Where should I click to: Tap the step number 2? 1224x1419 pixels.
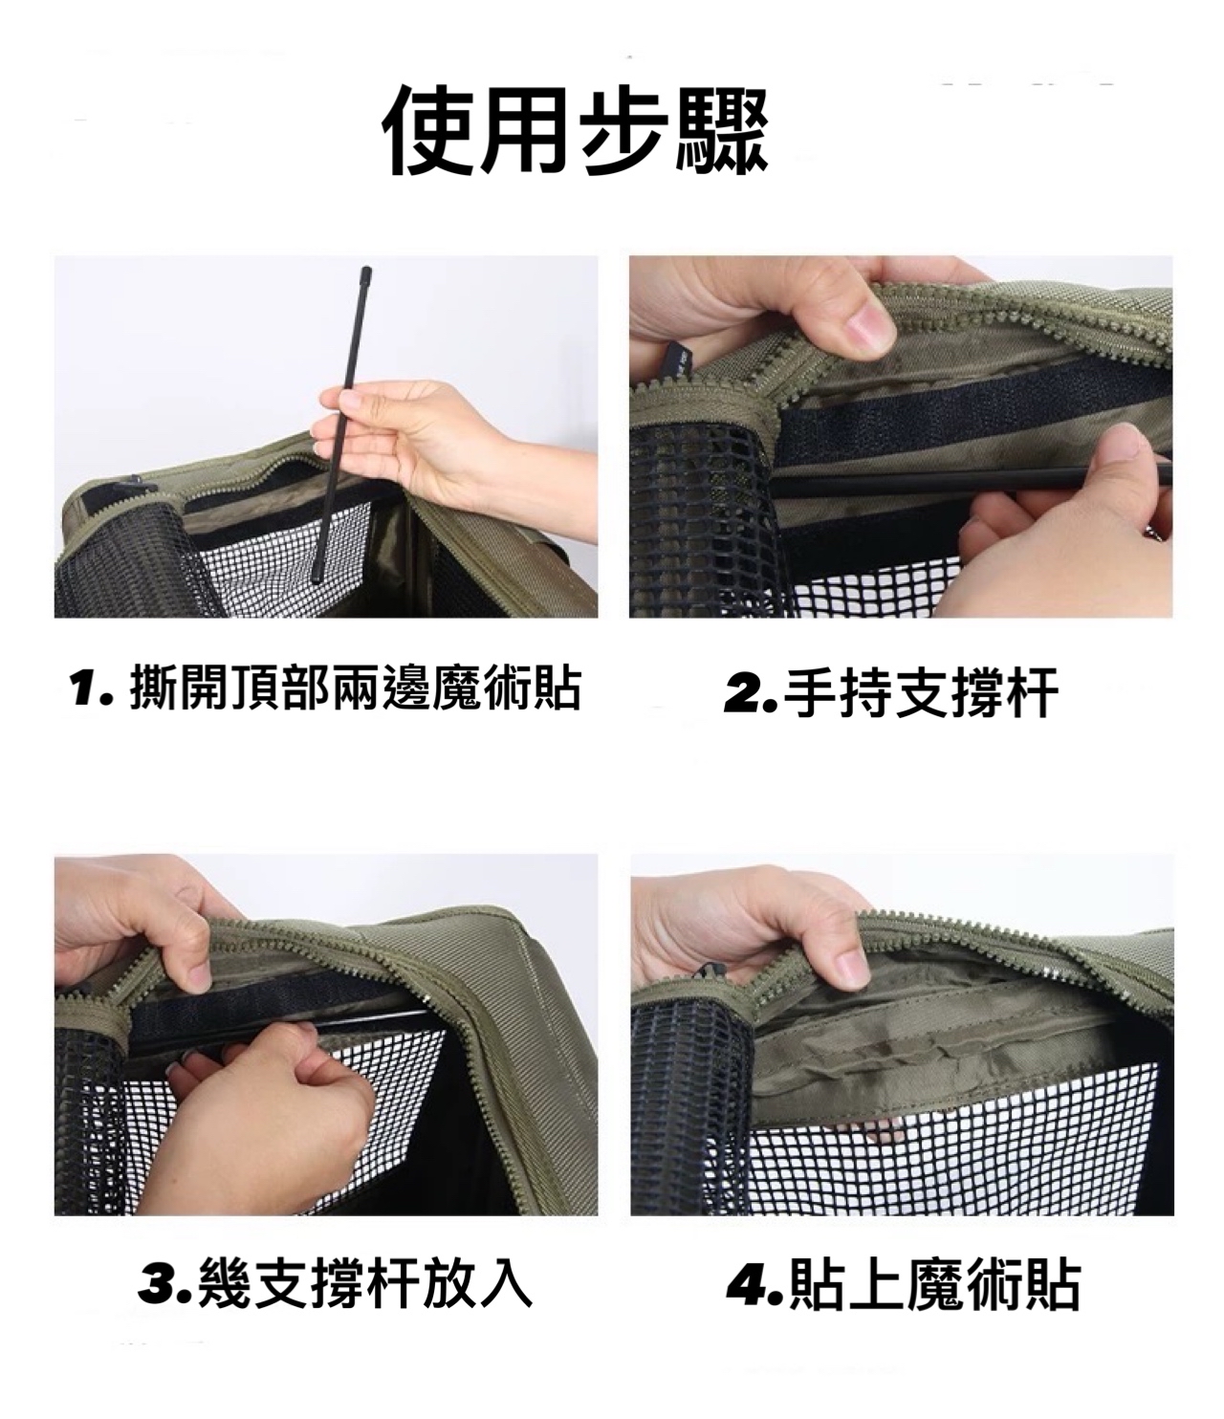[750, 695]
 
